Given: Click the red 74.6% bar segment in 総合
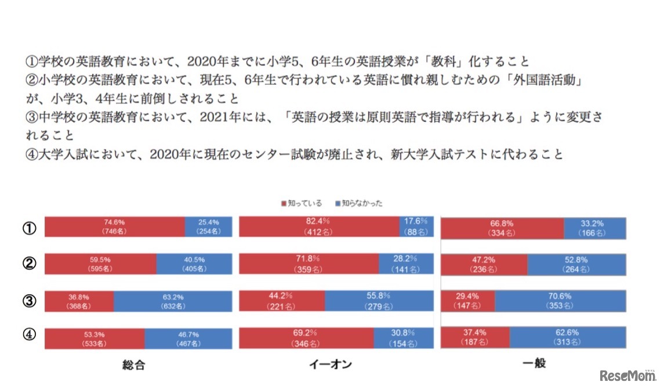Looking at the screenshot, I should (115, 227).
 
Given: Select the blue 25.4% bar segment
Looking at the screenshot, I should (208, 227).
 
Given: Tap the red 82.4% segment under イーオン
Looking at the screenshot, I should (319, 226).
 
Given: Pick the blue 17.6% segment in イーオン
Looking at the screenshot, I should (415, 226).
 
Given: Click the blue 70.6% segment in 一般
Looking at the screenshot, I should (560, 301).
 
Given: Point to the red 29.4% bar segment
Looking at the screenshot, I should (468, 301).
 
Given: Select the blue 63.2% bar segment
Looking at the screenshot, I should (173, 301).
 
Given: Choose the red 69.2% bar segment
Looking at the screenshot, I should (306, 338).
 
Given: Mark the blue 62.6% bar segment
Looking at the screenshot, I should (568, 338).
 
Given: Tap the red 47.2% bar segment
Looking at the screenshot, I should (484, 264).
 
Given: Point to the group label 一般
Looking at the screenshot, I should (533, 363).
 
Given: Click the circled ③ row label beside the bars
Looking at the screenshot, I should (28, 301).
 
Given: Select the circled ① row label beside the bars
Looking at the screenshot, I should (28, 228).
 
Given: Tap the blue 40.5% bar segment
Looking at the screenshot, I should (194, 264).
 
